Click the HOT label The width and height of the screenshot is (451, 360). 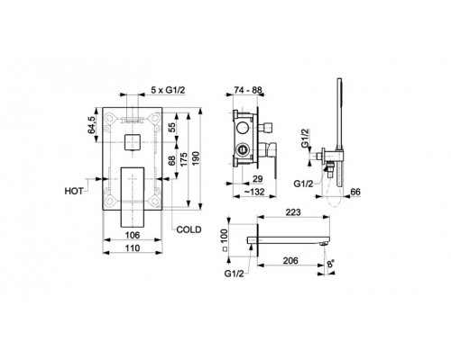(x=74, y=191)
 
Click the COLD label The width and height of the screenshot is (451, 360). (x=189, y=229)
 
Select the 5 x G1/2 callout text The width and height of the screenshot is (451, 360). (x=168, y=89)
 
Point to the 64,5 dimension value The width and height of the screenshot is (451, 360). (x=92, y=125)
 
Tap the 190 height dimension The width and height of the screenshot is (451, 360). (x=196, y=158)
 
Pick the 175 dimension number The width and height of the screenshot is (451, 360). (x=183, y=159)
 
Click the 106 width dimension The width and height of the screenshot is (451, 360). (x=133, y=235)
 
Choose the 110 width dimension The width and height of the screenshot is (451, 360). (x=133, y=248)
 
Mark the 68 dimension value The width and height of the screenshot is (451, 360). (x=171, y=161)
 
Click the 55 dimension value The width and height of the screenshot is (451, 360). (x=171, y=128)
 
